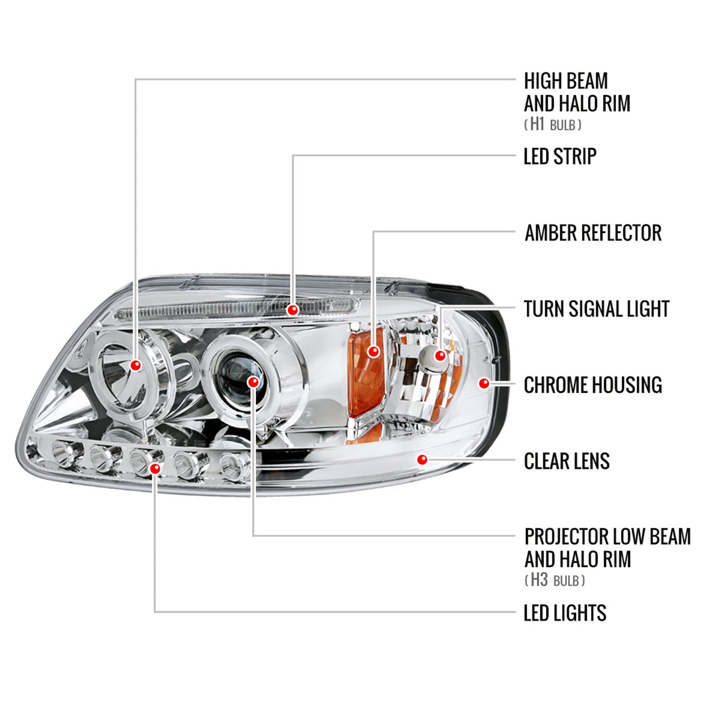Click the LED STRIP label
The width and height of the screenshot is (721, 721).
pos(559,157)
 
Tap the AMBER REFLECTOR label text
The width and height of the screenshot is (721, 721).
pos(593,233)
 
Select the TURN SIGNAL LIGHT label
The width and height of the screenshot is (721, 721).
pos(596,309)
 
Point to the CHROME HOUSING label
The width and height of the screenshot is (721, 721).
pos(593,385)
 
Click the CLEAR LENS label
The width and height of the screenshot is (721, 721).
pos(566,461)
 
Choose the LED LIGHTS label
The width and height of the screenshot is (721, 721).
pos(564,613)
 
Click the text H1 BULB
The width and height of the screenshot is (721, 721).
pos(553,124)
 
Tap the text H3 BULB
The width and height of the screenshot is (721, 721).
pos(555,580)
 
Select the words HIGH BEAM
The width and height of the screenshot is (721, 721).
pos(565,81)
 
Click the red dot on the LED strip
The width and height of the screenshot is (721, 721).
pos(292,310)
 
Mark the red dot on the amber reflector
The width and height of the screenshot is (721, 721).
pos(373,351)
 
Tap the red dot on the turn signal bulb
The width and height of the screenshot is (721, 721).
pos(440,356)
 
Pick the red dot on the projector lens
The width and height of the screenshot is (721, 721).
pos(253,382)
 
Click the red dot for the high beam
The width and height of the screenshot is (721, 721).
pos(136,365)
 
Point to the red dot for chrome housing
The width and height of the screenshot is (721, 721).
pos(484,383)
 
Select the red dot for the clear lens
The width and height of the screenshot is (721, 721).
pos(422,460)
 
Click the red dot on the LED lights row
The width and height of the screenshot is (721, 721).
pos(155,468)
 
